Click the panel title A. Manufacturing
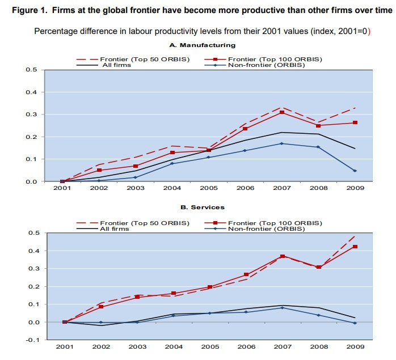tap(202, 45)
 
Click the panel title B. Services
tap(202, 207)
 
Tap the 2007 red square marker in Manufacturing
tap(281, 113)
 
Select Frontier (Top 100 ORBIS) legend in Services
tap(273, 222)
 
